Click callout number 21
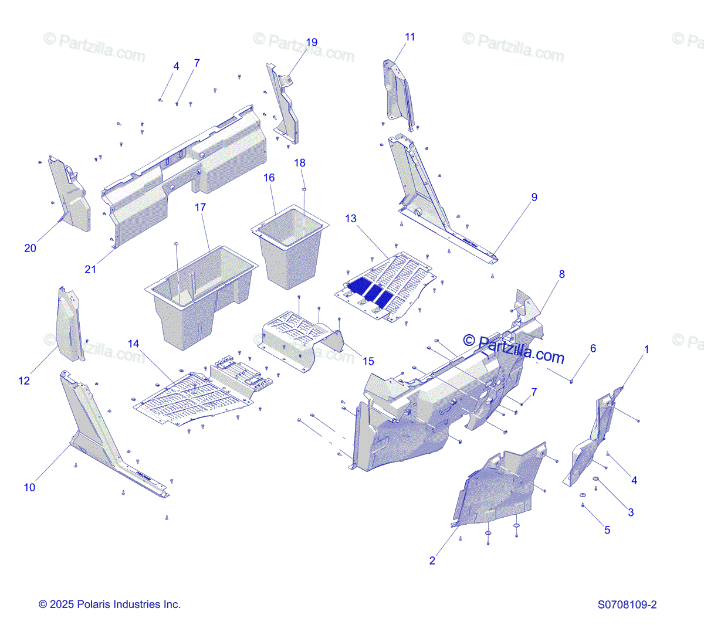point(90,269)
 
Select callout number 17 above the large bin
point(201,208)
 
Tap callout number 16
point(269,178)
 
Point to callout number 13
point(350,219)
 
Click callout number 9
point(534,197)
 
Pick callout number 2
point(432,561)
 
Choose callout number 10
point(29,487)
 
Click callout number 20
point(30,248)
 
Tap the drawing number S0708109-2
point(627,604)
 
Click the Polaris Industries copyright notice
point(110,604)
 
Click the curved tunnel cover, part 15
point(302,340)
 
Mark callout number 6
point(593,348)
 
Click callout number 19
point(312,42)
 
